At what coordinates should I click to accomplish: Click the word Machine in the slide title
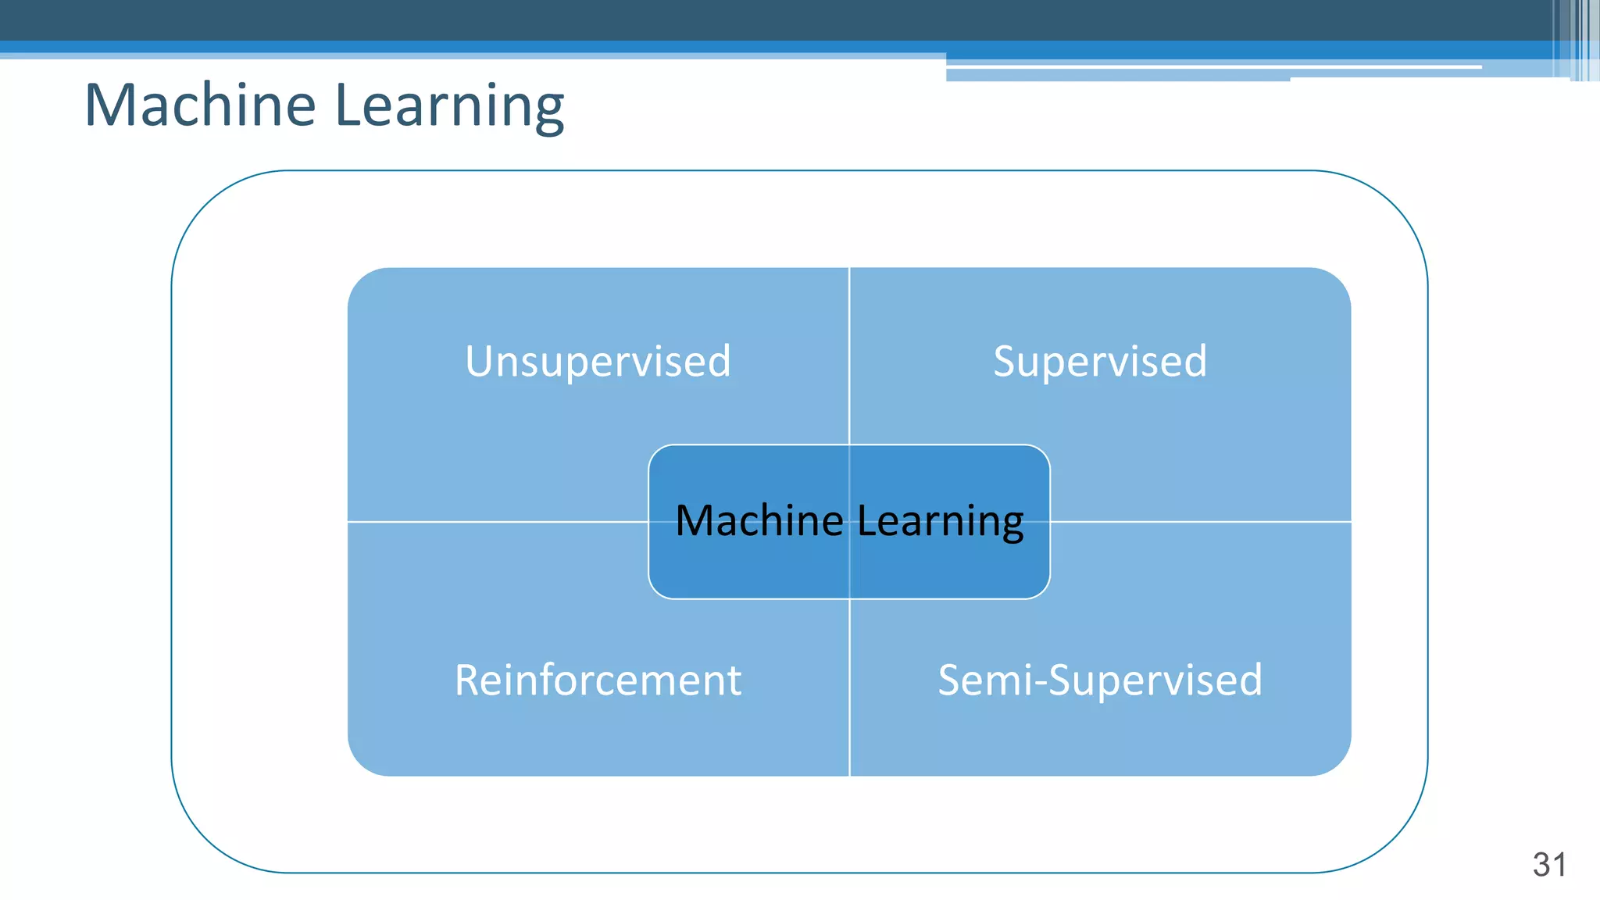(200, 105)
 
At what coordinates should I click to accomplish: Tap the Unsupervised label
(598, 362)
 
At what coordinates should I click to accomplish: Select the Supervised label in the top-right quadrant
(1100, 362)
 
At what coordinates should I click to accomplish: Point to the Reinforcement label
(598, 680)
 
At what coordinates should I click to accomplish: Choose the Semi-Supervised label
(1100, 680)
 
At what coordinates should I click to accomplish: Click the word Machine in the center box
(759, 521)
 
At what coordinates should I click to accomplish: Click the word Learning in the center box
(941, 521)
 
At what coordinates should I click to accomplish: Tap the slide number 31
(1549, 865)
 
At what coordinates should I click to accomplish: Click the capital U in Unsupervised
(479, 362)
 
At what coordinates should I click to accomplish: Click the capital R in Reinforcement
(468, 680)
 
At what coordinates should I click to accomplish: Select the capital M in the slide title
(110, 105)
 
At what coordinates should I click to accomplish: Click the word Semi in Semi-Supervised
(984, 680)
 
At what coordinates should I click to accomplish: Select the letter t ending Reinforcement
(734, 681)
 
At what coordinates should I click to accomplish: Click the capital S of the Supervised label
(1005, 362)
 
